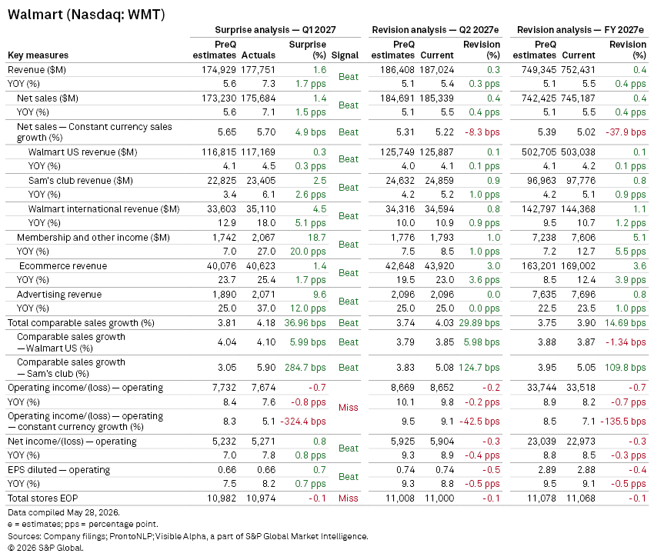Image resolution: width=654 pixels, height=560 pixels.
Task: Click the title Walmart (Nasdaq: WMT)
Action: pos(86,15)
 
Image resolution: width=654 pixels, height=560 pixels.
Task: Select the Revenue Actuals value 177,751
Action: pos(258,70)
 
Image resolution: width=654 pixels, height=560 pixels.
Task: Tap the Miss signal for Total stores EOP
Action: pos(349,498)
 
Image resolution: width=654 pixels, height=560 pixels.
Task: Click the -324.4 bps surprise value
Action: pos(303,422)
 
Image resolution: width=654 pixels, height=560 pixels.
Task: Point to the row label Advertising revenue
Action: pos(59,295)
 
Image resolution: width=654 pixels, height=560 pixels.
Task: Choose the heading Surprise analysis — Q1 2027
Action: pos(275,30)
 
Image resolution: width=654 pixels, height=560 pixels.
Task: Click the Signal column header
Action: pos(345,55)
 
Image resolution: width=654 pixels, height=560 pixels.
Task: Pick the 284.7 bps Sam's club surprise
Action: pos(305,368)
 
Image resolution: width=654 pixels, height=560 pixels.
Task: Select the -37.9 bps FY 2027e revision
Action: pos(626,132)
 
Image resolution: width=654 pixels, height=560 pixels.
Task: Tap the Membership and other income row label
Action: pos(93,238)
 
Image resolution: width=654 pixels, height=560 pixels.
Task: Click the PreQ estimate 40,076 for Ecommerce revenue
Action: pos(222,266)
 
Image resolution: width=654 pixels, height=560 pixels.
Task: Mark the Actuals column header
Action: pos(259,55)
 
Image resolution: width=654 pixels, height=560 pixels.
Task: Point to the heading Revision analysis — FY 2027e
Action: pos(581,30)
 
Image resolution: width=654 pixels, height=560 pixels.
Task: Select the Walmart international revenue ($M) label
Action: pos(104,209)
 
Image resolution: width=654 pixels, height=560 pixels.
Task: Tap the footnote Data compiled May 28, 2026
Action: pos(63,512)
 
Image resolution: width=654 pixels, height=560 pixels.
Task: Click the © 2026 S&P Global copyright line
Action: pos(45,548)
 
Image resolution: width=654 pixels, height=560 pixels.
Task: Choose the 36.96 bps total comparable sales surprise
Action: pos(305,323)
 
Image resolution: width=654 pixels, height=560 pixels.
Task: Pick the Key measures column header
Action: pos(38,55)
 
